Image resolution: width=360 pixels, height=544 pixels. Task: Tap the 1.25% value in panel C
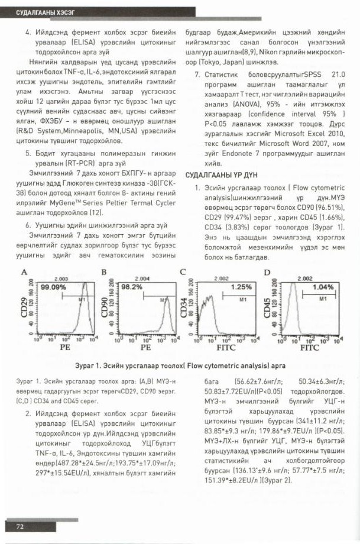pos(241,287)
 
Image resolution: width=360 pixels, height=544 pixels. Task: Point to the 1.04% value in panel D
pos(323,287)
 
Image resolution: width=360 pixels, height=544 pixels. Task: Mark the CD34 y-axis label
pos(185,308)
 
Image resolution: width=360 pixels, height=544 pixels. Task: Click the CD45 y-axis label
pos(268,308)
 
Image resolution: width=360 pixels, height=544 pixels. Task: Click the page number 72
pos(20,526)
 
